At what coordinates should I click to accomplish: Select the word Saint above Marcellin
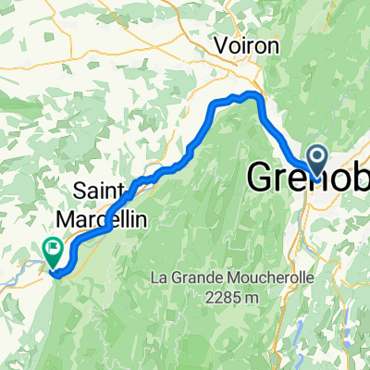pos(100,190)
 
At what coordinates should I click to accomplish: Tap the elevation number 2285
pos(214,297)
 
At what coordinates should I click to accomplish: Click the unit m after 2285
pos(247,299)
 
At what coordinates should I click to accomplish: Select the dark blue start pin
pos(316,158)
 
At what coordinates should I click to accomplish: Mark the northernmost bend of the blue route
pos(247,95)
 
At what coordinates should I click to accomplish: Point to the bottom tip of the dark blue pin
pos(316,175)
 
